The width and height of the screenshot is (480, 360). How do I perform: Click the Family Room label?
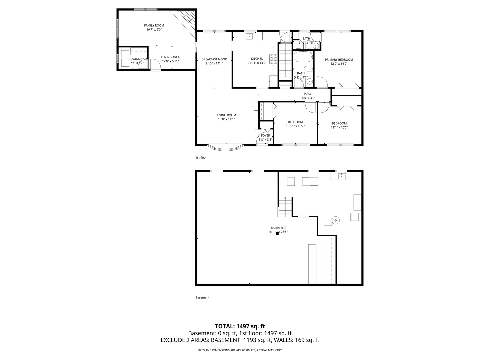(x=154, y=25)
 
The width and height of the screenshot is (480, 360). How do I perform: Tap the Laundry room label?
(x=137, y=59)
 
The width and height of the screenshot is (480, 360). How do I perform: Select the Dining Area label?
(x=170, y=57)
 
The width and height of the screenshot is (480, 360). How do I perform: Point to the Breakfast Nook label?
(x=214, y=59)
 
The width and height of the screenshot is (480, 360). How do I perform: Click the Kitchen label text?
(x=257, y=59)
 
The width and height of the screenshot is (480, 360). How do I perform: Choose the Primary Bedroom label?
(x=339, y=60)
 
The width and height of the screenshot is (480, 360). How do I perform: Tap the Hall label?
(x=307, y=94)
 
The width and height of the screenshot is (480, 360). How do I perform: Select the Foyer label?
(x=265, y=136)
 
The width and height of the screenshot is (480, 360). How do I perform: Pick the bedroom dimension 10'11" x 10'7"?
(x=295, y=126)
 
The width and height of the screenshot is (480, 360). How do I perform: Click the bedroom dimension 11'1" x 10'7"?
(x=339, y=127)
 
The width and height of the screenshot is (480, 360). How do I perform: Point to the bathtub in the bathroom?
(x=303, y=57)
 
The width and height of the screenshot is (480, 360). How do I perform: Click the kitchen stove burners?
(x=274, y=59)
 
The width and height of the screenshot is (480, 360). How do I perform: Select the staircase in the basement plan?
(x=285, y=206)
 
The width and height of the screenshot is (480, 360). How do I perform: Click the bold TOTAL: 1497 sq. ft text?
(x=240, y=326)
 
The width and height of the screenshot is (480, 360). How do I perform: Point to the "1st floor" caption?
(x=201, y=158)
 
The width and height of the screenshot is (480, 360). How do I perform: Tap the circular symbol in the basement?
(x=336, y=220)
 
